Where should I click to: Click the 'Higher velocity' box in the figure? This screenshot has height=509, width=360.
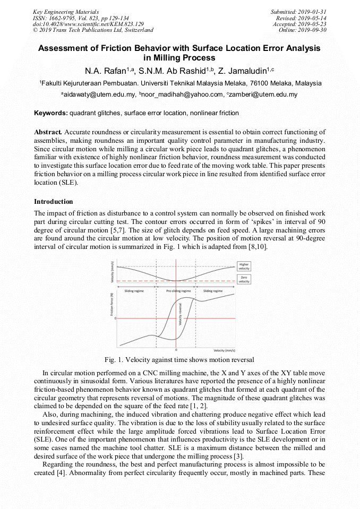click(x=244, y=266)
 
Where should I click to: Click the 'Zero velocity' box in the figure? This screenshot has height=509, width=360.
click(x=244, y=280)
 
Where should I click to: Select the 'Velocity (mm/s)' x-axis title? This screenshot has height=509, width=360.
click(x=225, y=351)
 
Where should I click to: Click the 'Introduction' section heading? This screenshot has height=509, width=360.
click(x=53, y=202)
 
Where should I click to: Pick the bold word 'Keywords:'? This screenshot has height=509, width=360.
click(x=51, y=113)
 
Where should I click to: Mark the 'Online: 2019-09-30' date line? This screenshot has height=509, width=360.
click(x=302, y=30)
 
